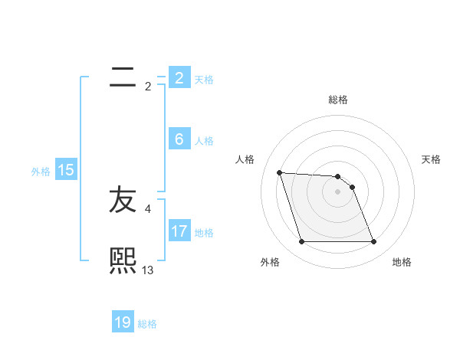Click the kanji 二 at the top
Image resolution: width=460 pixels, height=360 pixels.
pos(123,77)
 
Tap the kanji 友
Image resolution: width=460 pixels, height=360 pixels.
pos(123,200)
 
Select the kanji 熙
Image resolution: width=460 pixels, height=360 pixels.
pos(123,260)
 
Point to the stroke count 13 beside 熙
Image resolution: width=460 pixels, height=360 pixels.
pos(148,270)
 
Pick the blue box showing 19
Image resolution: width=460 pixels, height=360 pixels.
pos(123,322)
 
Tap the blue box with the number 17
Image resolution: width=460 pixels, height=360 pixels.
pos(179,231)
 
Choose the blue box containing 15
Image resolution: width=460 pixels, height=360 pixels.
pos(66,171)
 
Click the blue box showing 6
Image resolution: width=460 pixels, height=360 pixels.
pos(179,139)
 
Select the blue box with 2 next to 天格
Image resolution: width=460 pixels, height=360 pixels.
pos(179,77)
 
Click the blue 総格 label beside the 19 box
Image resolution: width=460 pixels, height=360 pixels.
pos(147,324)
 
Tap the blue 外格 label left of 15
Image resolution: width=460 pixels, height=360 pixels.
pos(41,172)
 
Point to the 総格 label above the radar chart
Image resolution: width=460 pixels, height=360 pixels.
pos(338,100)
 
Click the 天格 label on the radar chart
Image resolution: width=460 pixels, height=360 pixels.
pos(431,159)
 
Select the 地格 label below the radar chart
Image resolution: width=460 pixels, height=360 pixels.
pos(402,262)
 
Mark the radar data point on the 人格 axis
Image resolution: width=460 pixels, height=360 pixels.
pos(279,172)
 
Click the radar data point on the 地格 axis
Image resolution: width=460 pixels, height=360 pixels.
pos(373,242)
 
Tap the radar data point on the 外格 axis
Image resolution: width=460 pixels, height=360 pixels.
pos(301,242)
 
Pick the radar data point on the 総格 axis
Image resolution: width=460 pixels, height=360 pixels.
pos(337,177)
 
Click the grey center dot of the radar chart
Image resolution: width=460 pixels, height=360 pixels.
pos(337,191)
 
